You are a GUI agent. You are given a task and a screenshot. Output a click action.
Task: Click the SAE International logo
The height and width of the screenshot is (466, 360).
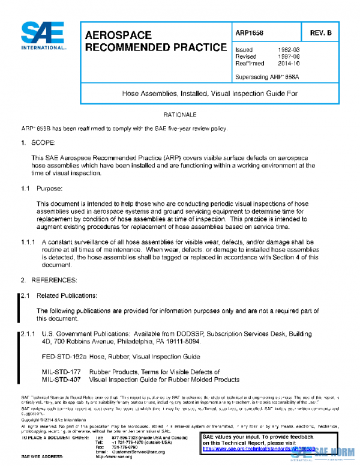[x=43, y=36]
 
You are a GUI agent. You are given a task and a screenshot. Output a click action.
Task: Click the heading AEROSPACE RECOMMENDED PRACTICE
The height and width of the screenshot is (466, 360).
[x=156, y=41]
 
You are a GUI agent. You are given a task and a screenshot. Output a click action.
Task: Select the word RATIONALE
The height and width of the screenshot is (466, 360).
[x=179, y=114]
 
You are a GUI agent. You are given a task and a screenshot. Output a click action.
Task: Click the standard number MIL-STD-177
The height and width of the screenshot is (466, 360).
[x=61, y=372]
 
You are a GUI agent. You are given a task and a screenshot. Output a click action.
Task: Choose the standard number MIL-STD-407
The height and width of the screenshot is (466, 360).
[x=61, y=380]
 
